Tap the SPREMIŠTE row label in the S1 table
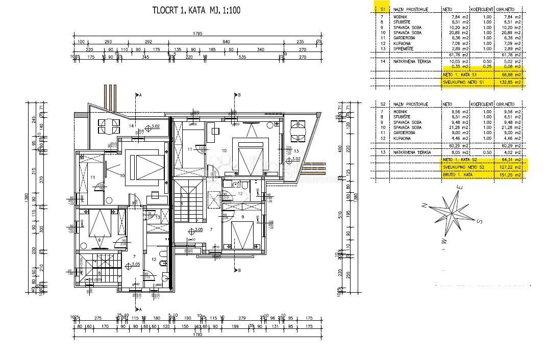405,48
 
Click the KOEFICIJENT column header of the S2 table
481,104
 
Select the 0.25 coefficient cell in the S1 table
487,66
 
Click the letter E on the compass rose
459,187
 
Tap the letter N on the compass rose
424,205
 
